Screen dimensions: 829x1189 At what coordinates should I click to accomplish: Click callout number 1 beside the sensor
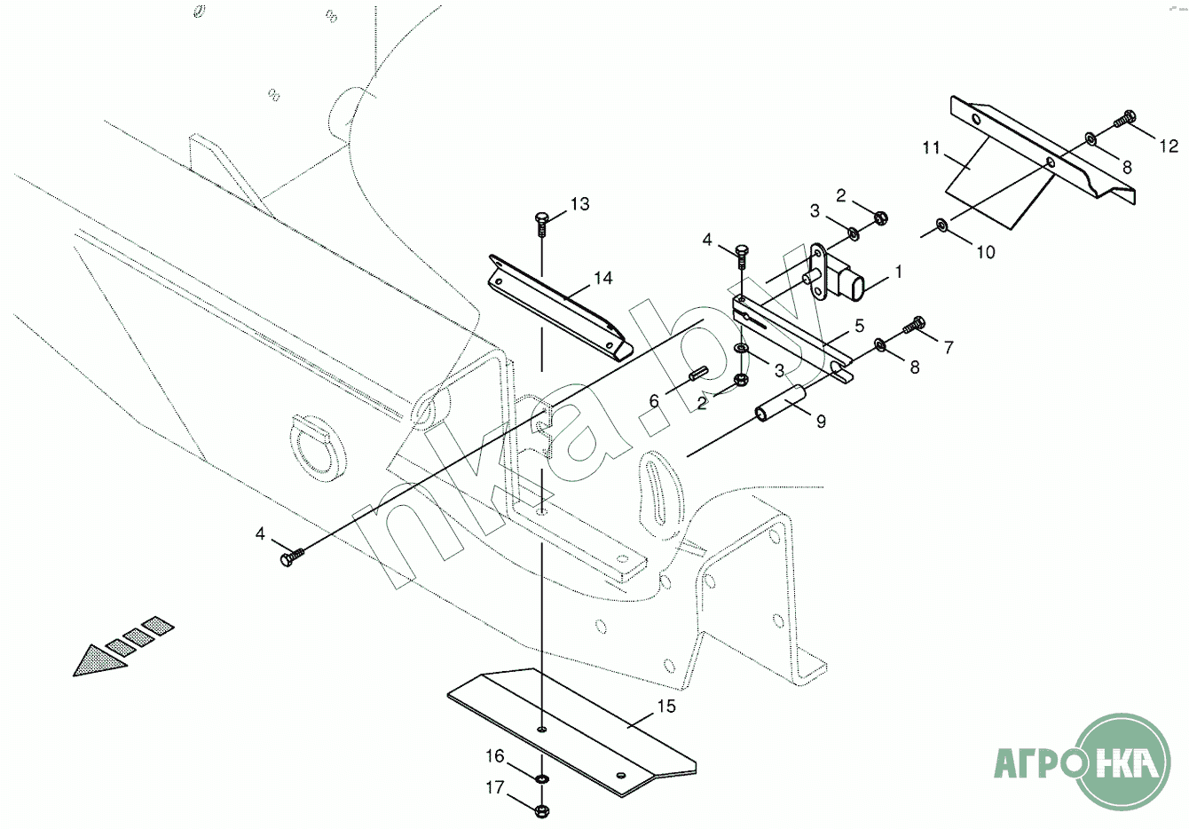click(898, 272)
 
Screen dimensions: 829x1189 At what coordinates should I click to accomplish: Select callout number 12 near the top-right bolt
click(1169, 146)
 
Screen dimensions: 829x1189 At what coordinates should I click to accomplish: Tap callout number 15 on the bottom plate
click(666, 707)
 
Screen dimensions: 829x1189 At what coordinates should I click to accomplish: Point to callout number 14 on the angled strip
click(602, 279)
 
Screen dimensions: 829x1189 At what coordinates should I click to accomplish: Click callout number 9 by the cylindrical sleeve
click(821, 422)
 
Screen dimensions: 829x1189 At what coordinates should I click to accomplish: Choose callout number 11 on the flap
click(930, 148)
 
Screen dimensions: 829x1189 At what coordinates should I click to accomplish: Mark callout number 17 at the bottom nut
click(494, 787)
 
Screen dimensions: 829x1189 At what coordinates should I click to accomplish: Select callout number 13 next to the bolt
click(579, 205)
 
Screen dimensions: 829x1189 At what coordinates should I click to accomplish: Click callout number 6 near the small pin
click(655, 402)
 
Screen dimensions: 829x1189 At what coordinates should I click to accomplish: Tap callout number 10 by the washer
click(986, 252)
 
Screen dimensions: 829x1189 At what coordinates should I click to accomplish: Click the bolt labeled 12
click(1126, 117)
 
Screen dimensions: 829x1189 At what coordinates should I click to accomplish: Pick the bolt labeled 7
click(915, 325)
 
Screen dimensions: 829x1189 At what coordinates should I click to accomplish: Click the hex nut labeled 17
click(542, 809)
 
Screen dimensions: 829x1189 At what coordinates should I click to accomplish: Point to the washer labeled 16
click(541, 778)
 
